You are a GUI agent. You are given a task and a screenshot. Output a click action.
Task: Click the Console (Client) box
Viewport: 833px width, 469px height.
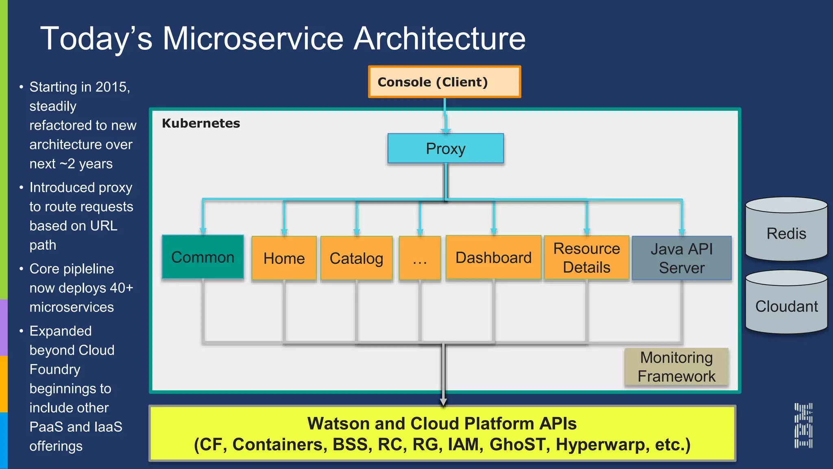pos(444,82)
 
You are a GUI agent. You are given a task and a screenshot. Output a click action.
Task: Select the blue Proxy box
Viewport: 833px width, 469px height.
pos(445,149)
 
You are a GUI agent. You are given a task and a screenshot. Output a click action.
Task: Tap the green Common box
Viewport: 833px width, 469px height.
pos(203,257)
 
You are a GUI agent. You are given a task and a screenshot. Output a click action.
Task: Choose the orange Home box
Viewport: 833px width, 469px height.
pos(284,258)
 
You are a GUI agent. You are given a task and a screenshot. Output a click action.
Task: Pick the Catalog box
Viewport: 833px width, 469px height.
pos(356,258)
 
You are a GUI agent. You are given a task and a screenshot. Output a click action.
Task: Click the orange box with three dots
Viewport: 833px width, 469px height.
pos(420,258)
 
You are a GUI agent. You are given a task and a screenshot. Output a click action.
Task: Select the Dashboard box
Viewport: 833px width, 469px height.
pos(493,257)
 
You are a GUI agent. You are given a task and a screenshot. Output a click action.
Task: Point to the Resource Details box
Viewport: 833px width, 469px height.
pos(587,258)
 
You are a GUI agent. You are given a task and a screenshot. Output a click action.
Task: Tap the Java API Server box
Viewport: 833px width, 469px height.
pos(682,258)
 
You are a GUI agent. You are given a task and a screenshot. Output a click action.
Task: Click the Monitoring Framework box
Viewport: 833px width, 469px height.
pos(676,367)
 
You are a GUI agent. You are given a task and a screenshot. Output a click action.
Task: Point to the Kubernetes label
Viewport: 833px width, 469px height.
pos(201,123)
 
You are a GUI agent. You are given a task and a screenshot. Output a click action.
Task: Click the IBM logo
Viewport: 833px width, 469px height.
pos(803,425)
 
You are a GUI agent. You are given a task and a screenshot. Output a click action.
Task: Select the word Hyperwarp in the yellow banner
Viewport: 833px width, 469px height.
pos(601,445)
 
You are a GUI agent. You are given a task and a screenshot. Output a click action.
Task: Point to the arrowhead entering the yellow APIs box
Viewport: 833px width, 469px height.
pos(443,402)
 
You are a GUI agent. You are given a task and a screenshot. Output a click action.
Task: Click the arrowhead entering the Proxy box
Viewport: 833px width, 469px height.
pos(446,131)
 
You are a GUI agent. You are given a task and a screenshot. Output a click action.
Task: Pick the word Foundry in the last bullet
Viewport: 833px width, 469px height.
pos(55,369)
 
